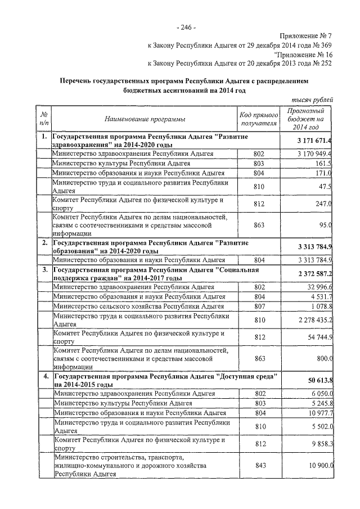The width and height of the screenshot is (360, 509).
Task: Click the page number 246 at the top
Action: coord(186,26)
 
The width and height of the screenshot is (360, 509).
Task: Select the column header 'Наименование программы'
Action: coord(145,119)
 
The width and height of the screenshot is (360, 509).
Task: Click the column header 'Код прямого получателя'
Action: coord(259,119)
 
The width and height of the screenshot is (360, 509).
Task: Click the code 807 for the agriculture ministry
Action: coord(259,307)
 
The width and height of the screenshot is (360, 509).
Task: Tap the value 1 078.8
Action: coord(320,307)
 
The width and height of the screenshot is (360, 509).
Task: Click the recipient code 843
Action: coord(259,466)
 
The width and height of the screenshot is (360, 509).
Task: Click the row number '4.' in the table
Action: coord(44,375)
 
